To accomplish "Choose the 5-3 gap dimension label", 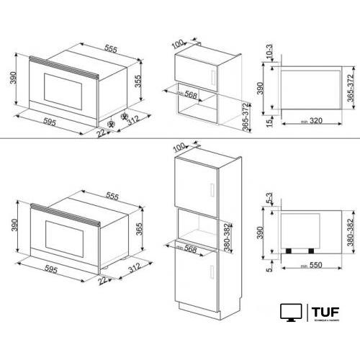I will tap(267, 197).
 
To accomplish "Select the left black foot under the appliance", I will tap(288, 251).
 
